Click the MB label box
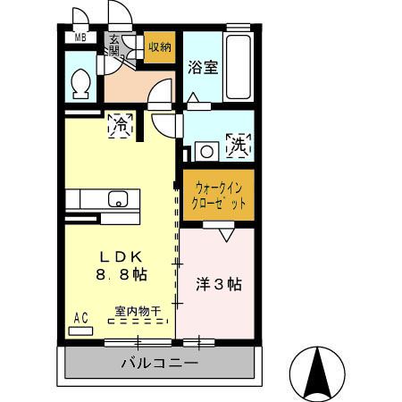pos(80,38)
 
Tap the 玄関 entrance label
pos(116,45)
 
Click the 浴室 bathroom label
pos(202,67)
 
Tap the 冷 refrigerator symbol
pos(118,126)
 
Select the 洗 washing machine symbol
pos(239,143)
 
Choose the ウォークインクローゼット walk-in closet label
pos(219,195)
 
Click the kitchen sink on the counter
pos(117,198)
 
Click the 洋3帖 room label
pos(219,285)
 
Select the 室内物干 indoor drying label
pos(137,312)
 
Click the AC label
pos(80,317)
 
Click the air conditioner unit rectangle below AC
pos(80,330)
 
